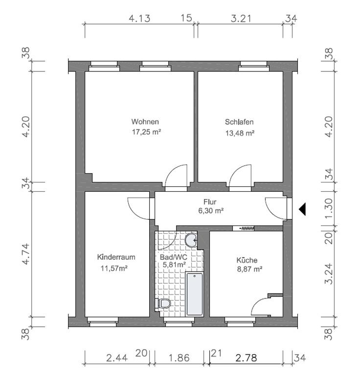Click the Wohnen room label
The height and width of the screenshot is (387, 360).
[145, 122]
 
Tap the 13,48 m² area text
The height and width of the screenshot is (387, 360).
[240, 133]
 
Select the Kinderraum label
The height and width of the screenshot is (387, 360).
[116, 257]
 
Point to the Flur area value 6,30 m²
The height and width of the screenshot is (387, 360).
[211, 211]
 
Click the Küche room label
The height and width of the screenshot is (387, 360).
[247, 260]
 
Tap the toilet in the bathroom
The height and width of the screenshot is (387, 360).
[163, 303]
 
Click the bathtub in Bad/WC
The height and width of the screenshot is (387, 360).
[195, 294]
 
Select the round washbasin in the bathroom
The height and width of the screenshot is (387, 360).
[191, 240]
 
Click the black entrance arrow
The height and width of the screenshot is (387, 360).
[302, 209]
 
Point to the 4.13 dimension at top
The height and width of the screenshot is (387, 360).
[140, 19]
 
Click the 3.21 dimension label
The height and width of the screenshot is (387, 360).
[241, 19]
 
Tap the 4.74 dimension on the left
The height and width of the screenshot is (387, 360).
[26, 254]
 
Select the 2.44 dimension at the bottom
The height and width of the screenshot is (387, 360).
[117, 358]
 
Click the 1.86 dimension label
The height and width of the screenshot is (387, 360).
[179, 358]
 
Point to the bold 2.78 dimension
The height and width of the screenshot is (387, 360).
[246, 358]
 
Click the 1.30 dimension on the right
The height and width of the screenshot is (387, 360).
[329, 209]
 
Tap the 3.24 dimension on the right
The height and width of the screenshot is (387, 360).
[329, 274]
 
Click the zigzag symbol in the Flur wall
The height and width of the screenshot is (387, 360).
[247, 228]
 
